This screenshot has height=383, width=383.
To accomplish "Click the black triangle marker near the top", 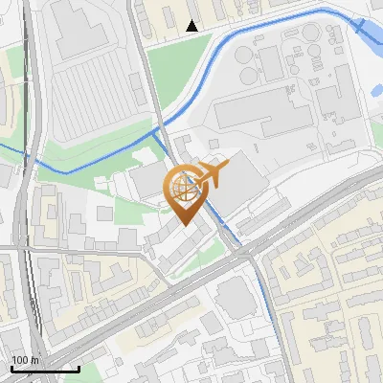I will pyautogui.click(x=192, y=26).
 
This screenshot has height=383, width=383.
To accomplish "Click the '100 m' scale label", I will pyautogui.click(x=26, y=360).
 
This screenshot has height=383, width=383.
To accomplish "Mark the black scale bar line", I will pyautogui.click(x=45, y=369).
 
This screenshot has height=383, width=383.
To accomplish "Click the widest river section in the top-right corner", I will pyautogui.click(x=369, y=34).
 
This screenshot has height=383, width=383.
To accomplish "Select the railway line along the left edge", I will pyautogui.click(x=29, y=191).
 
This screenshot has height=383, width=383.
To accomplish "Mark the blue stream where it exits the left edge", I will pyautogui.click(x=3, y=146).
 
